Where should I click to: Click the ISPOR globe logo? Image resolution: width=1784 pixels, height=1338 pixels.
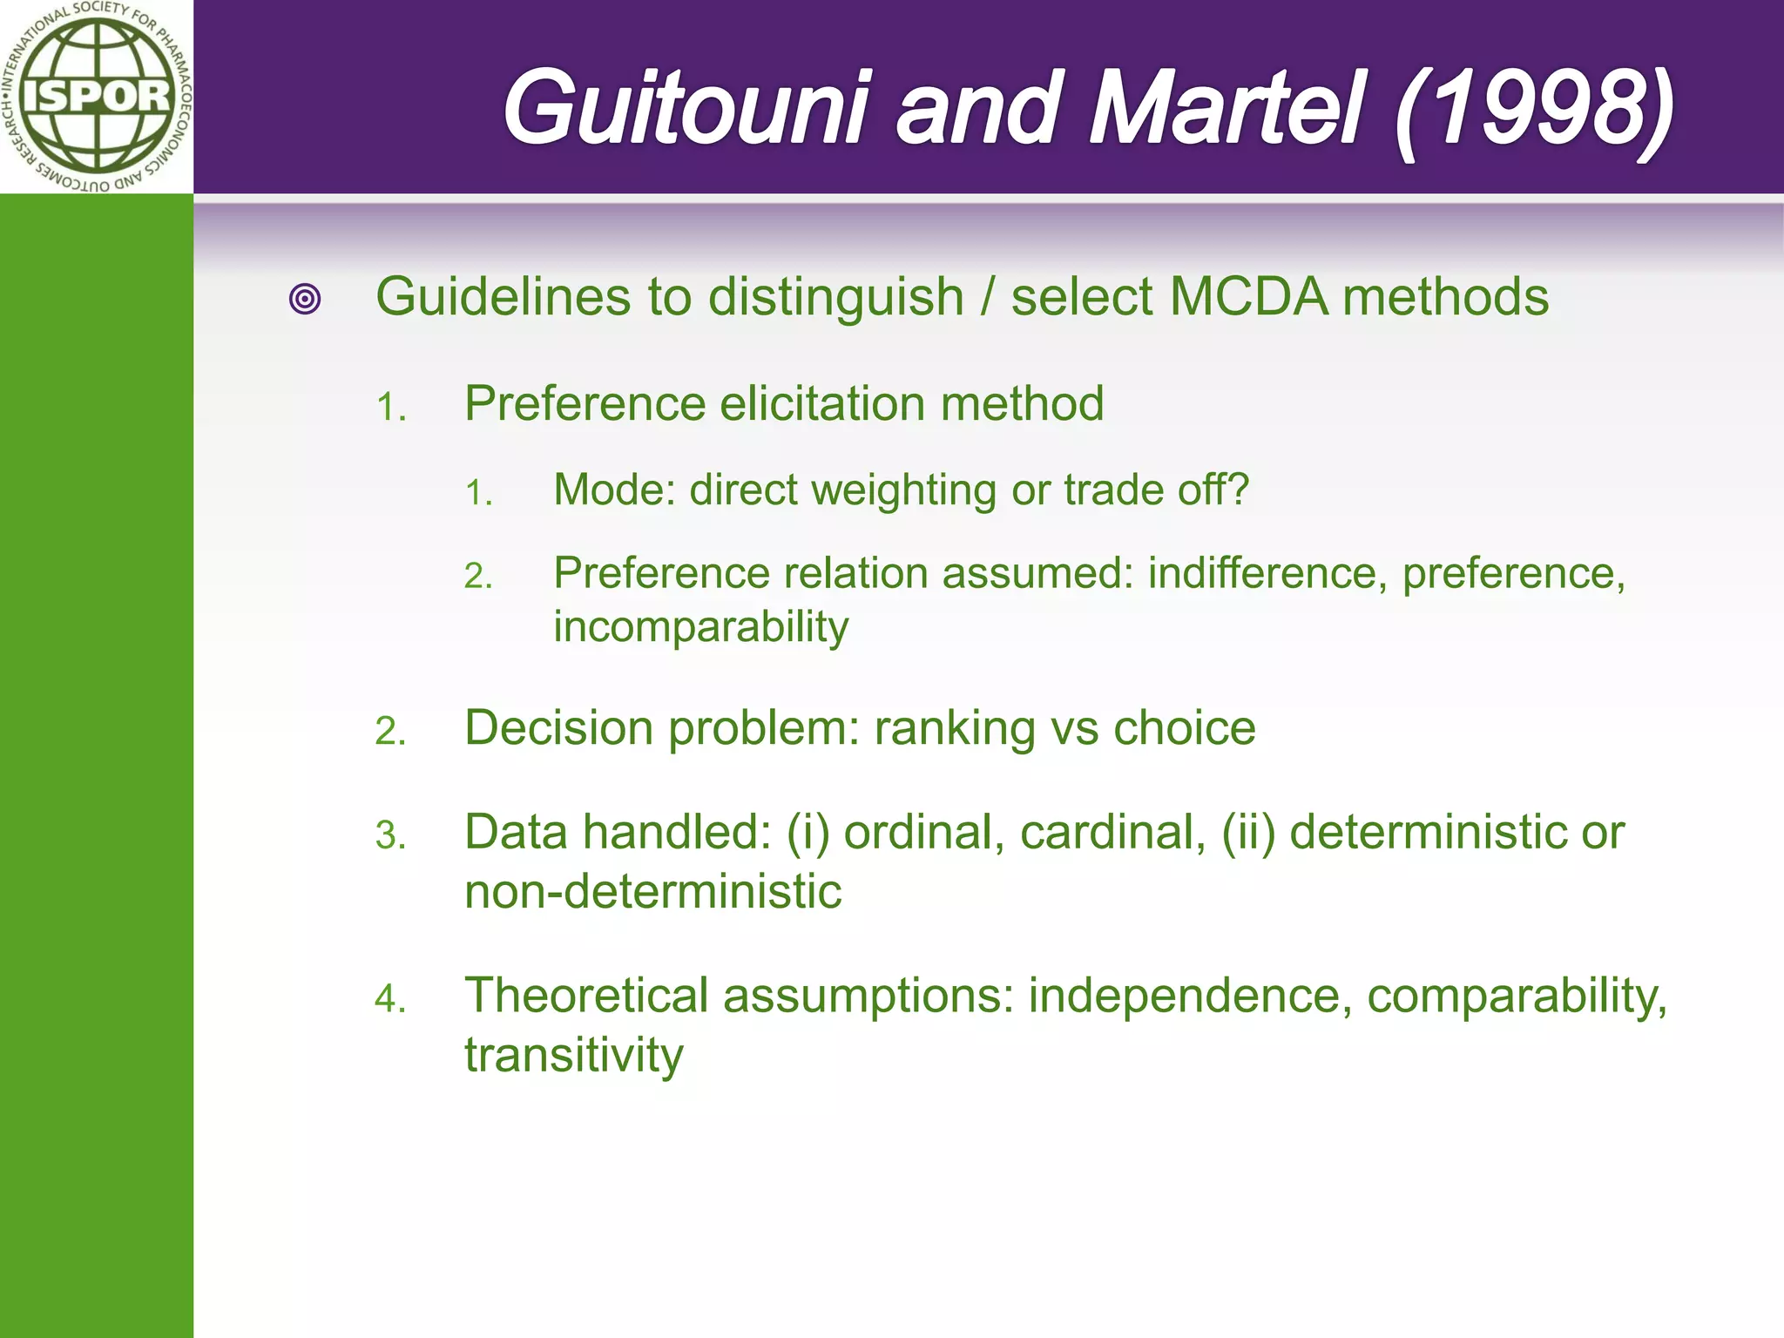point(96,96)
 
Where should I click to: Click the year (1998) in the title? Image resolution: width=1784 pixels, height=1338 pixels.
point(1533,109)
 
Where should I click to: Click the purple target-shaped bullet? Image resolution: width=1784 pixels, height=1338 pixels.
point(305,299)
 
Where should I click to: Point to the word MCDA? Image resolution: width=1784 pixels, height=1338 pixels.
point(1248,297)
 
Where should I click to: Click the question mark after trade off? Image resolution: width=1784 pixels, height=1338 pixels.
point(1240,490)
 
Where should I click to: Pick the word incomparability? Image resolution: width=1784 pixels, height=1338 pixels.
point(700,627)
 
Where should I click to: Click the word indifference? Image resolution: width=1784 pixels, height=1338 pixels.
point(1267,573)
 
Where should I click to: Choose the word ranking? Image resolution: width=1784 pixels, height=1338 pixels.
point(955,728)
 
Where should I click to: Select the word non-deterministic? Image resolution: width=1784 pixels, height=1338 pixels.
point(653,892)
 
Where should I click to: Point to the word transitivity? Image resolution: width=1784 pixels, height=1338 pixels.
point(574,1056)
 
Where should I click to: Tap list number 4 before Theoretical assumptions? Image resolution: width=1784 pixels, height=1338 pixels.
point(389,999)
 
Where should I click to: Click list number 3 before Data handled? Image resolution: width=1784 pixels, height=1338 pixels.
point(389,836)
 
